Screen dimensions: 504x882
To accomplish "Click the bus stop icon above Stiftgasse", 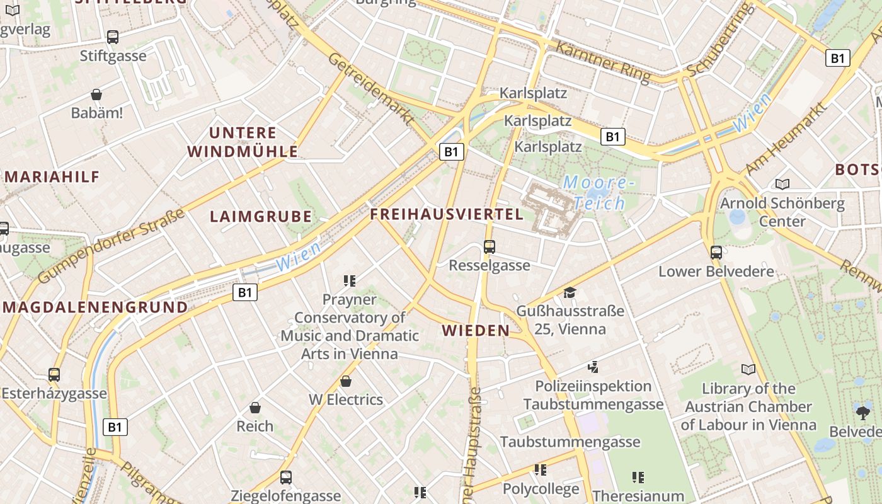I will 113,37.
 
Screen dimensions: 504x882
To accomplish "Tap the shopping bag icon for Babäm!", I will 96,94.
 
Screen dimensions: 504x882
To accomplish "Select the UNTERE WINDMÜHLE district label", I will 243,142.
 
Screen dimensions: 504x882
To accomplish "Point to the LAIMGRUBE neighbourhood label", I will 261,217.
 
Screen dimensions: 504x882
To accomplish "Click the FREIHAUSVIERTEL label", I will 447,214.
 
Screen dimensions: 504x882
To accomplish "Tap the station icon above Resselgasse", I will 489,246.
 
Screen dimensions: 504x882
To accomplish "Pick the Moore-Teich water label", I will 595,193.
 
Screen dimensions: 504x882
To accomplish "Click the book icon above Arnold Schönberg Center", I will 782,184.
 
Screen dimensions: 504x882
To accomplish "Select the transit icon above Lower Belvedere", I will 716,253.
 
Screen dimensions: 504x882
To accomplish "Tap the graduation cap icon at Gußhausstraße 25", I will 570,292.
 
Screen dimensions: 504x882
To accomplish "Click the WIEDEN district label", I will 476,330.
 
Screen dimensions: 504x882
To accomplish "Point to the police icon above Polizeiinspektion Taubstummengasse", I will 592,367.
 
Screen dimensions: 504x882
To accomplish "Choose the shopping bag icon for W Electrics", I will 345,381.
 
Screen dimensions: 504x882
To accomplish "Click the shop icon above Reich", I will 255,408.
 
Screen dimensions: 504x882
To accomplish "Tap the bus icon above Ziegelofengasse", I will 285,477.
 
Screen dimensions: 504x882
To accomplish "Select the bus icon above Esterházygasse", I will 54,375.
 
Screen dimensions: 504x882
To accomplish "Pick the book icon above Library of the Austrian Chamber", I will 748,369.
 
